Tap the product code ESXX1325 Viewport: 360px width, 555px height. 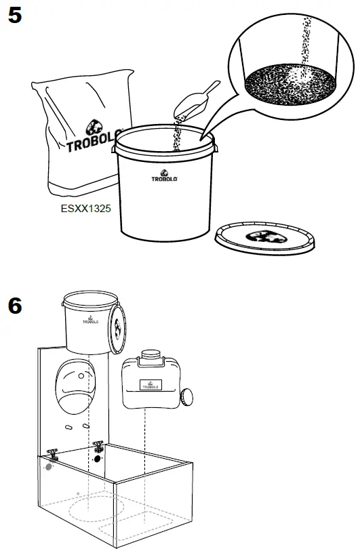click(86, 210)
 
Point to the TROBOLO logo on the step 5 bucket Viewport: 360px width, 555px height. click(163, 178)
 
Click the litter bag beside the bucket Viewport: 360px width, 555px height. click(78, 136)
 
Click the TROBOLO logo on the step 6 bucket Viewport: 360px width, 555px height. click(89, 321)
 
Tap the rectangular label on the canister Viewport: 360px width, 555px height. click(153, 384)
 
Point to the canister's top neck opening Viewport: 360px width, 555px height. click(150, 354)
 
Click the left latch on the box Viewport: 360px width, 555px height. click(52, 454)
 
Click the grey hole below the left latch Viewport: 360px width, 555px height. click(48, 467)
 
